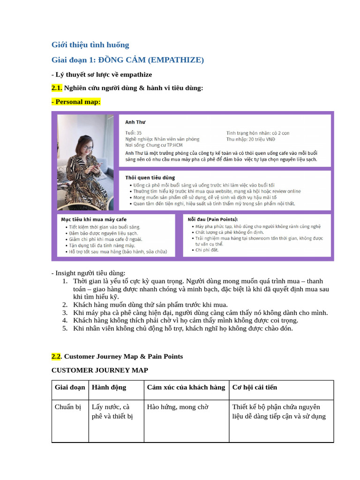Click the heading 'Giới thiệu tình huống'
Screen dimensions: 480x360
(90, 45)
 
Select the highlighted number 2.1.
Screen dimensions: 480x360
(57, 88)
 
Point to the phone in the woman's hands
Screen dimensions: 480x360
(93, 165)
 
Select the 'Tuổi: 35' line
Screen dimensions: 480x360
(134, 133)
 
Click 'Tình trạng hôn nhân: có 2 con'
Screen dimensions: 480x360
(258, 133)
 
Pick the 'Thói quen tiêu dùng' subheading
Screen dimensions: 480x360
(150, 178)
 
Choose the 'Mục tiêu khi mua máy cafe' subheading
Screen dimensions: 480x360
(94, 219)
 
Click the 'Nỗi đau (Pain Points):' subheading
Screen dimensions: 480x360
(212, 219)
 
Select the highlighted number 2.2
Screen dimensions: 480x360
(57, 357)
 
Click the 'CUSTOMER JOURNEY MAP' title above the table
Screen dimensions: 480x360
(99, 370)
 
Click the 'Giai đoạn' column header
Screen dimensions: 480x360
(70, 387)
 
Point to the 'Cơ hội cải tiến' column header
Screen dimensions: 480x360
(255, 387)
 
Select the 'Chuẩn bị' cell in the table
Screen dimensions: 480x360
(68, 407)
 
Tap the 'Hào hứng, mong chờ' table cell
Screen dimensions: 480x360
(178, 407)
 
